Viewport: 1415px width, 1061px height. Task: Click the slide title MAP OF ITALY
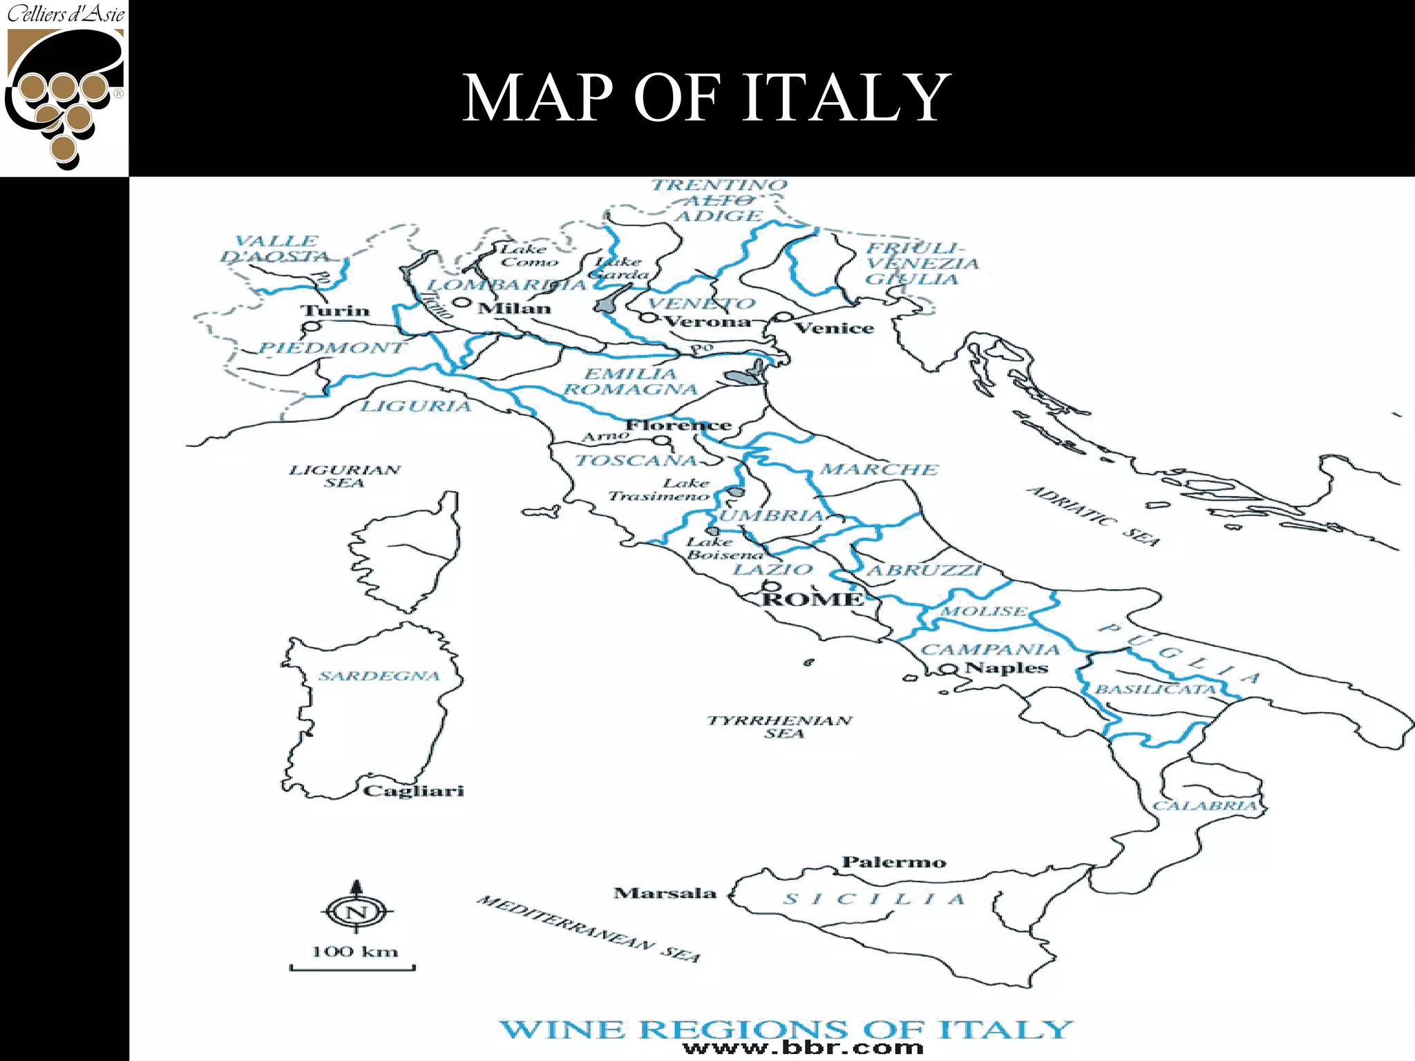pyautogui.click(x=705, y=98)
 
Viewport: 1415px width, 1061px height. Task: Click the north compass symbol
pyautogui.click(x=357, y=912)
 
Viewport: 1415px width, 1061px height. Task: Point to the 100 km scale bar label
pyautogui.click(x=355, y=952)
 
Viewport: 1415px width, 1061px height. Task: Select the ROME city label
pyautogui.click(x=813, y=600)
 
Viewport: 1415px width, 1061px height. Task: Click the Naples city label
pyautogui.click(x=1006, y=668)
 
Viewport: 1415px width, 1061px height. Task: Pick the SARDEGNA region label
pyautogui.click(x=379, y=676)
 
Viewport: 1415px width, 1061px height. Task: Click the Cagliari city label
pyautogui.click(x=413, y=791)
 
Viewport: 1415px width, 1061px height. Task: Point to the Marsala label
pyautogui.click(x=665, y=893)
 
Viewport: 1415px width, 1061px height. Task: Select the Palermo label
pyautogui.click(x=893, y=862)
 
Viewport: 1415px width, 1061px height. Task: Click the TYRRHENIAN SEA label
pyautogui.click(x=779, y=727)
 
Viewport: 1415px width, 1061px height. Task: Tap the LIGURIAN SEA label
pyautogui.click(x=344, y=476)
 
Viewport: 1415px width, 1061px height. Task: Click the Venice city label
pyautogui.click(x=834, y=328)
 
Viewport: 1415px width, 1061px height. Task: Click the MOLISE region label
pyautogui.click(x=984, y=611)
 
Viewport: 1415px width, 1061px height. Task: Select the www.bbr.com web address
pyautogui.click(x=803, y=1048)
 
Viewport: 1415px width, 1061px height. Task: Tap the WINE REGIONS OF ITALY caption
pyautogui.click(x=786, y=1029)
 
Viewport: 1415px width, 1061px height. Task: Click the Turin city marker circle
pyautogui.click(x=312, y=327)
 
